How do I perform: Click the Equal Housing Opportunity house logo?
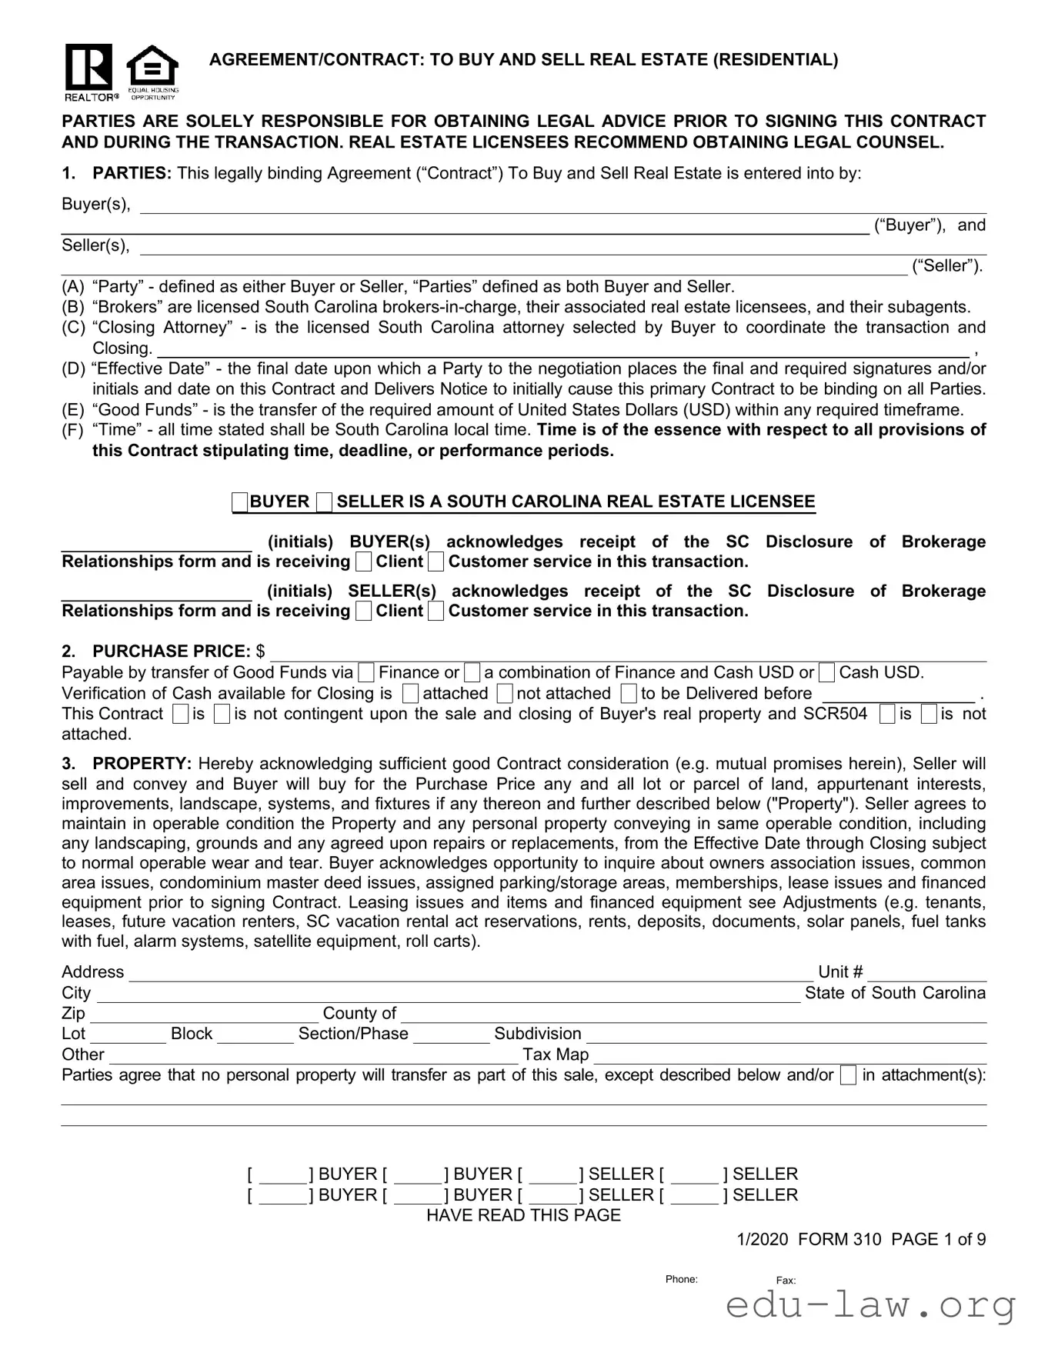(x=152, y=69)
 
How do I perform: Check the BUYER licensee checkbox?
(x=240, y=503)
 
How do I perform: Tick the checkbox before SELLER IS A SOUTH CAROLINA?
(x=325, y=503)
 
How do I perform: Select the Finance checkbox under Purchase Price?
(x=368, y=673)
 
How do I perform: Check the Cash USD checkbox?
(x=827, y=673)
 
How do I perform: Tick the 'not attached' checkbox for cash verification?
(x=505, y=694)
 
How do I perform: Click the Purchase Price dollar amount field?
(x=627, y=652)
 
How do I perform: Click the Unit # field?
(x=926, y=973)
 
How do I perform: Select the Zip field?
(x=204, y=1015)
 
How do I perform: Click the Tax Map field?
(x=789, y=1055)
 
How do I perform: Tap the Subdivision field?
(x=786, y=1034)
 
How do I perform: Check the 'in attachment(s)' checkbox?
(x=848, y=1076)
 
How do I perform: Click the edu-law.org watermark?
(x=870, y=1305)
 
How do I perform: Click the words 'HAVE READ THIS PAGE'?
(x=523, y=1215)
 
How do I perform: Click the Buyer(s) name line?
(x=562, y=205)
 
